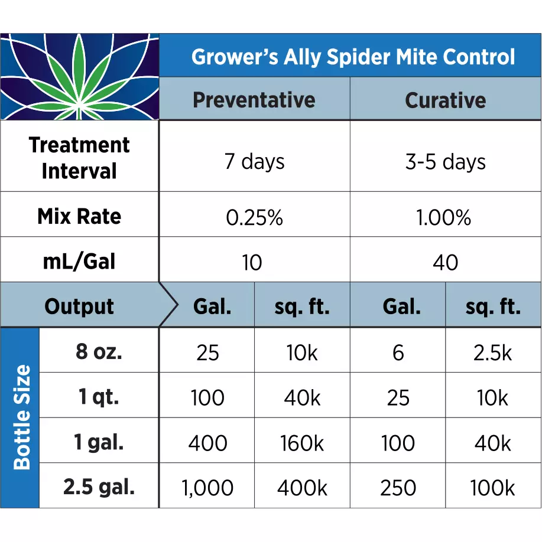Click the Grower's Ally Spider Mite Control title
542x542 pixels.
(x=353, y=57)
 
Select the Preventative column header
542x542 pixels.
(x=254, y=100)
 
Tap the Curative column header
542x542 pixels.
(x=445, y=100)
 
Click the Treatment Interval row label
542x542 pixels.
(x=79, y=158)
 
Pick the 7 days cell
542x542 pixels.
(x=254, y=161)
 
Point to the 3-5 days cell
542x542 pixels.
(x=445, y=162)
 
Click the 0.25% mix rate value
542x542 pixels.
(x=254, y=218)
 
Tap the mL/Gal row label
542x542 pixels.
(x=79, y=262)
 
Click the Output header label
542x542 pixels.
(x=79, y=306)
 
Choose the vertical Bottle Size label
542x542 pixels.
(x=21, y=417)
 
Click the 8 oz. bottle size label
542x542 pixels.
(x=99, y=352)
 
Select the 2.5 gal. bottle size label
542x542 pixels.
(x=99, y=488)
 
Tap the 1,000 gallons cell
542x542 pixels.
(x=207, y=488)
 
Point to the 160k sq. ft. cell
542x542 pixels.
(x=302, y=443)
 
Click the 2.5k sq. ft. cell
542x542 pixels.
(x=492, y=352)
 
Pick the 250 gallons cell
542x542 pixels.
(x=398, y=488)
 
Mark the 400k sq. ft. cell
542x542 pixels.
(x=302, y=488)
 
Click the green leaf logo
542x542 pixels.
(x=79, y=77)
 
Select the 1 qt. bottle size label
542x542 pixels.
(x=99, y=397)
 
